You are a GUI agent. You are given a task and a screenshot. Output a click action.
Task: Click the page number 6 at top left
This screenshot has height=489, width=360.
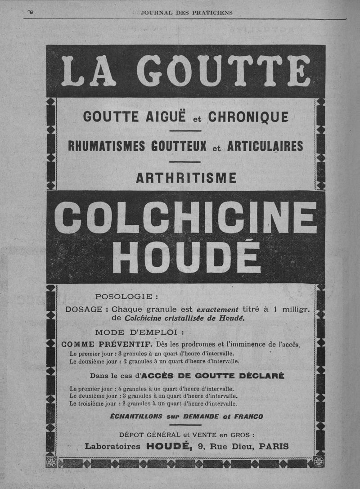point(31,12)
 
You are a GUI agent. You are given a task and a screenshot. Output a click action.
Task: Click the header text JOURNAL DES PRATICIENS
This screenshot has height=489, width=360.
point(186,13)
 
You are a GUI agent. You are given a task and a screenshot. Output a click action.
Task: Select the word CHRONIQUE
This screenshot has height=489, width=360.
point(248,117)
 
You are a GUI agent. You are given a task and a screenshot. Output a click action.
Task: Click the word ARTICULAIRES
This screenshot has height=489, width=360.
point(265,146)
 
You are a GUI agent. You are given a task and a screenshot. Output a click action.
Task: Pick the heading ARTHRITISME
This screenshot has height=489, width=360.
point(186,178)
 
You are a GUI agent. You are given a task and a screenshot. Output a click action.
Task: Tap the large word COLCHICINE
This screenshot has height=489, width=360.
point(185,217)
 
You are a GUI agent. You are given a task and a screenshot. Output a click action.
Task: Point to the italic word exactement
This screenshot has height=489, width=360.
point(218,310)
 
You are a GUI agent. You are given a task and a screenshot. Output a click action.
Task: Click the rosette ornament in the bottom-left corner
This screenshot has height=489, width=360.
point(51,462)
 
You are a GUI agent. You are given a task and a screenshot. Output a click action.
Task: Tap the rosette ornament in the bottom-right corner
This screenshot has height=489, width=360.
point(319,462)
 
